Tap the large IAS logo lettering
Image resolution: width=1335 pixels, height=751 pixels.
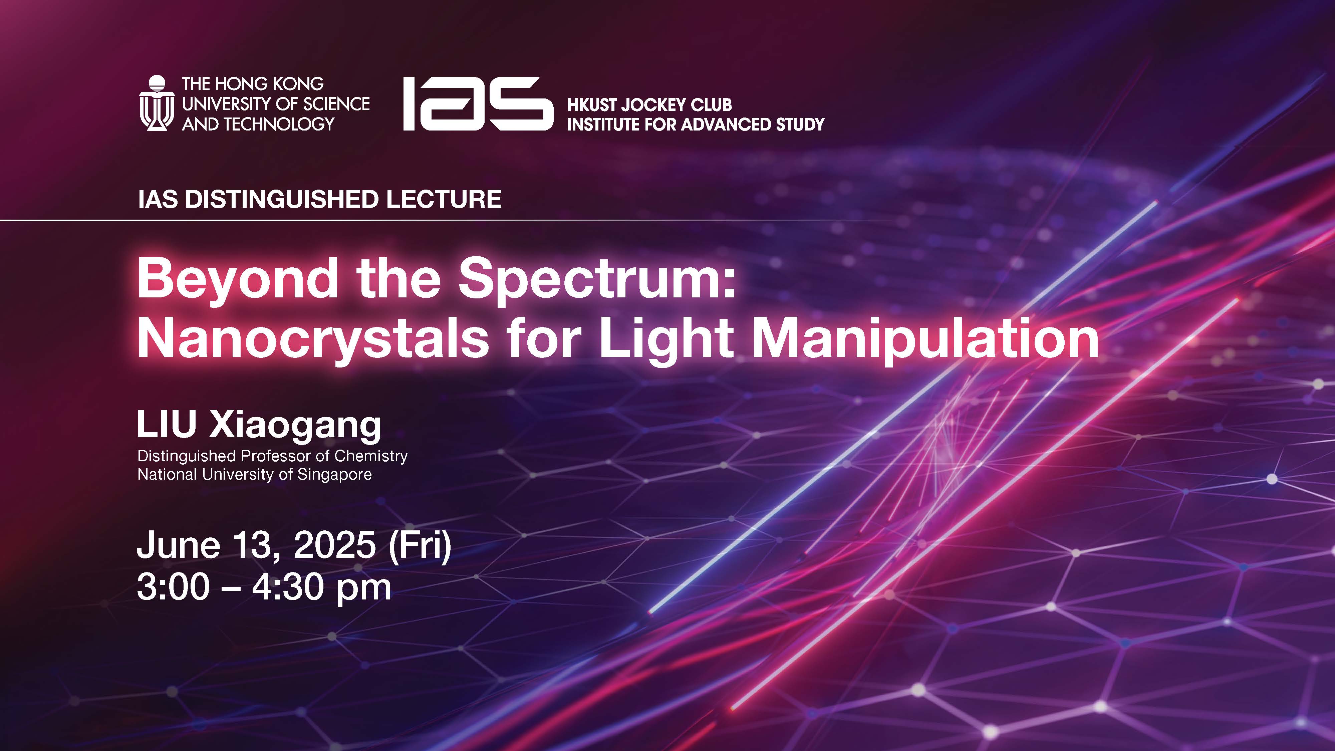(x=478, y=104)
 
